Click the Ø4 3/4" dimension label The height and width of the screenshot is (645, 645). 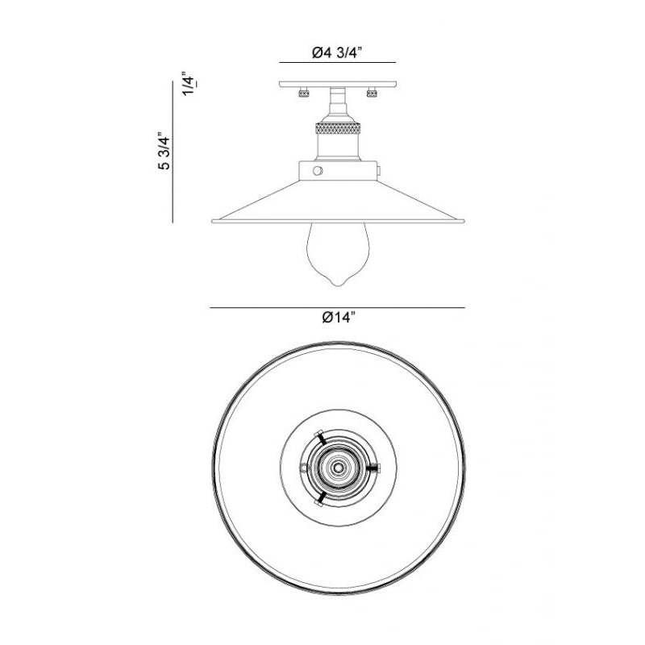point(336,52)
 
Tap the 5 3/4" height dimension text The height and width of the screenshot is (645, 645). point(164,151)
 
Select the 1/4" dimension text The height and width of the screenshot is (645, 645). point(189,85)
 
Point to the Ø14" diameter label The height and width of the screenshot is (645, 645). point(338,317)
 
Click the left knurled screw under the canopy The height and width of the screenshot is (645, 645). point(304,92)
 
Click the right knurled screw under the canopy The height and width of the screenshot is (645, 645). point(372,92)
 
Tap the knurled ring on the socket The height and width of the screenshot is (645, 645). point(338,128)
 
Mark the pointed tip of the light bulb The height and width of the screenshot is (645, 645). point(338,285)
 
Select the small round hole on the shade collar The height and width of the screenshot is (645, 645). point(318,171)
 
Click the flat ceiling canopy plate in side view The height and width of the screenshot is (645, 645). point(338,85)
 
